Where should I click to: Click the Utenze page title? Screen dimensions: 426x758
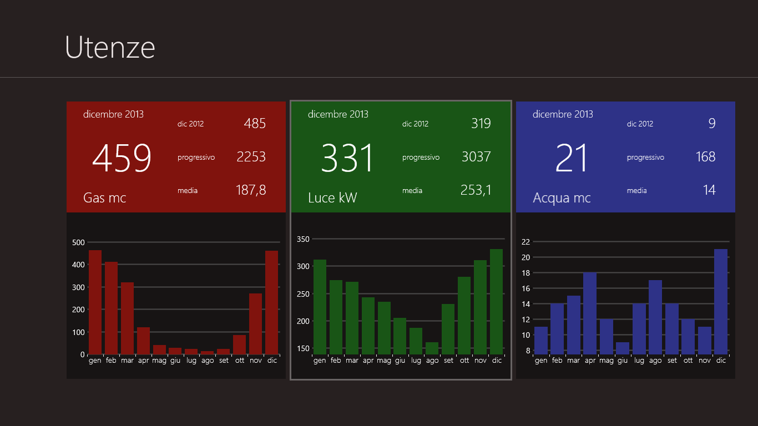tap(110, 47)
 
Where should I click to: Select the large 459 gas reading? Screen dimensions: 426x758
tap(122, 159)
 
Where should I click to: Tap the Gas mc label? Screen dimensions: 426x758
tap(105, 197)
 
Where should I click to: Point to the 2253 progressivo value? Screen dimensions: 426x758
tap(251, 157)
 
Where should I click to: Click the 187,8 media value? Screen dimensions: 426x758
tap(251, 190)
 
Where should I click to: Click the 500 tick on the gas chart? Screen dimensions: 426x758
tap(78, 242)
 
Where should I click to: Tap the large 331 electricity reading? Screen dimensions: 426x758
tap(347, 159)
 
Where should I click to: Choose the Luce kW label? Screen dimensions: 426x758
tap(332, 197)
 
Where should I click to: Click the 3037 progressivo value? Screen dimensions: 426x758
tap(476, 157)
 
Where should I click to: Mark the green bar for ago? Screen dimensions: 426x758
tap(432, 348)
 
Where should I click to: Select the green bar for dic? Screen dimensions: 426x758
tap(497, 302)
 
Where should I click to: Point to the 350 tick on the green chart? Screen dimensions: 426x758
tap(303, 239)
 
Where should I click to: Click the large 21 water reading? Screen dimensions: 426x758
tap(572, 159)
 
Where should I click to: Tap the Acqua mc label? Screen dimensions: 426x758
tap(562, 197)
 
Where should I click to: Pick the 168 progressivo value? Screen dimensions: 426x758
tap(705, 157)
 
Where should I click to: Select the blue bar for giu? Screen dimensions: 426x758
tap(623, 348)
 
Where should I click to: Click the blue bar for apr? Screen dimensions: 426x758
tap(590, 313)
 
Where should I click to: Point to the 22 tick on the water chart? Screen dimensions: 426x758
tap(525, 242)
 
